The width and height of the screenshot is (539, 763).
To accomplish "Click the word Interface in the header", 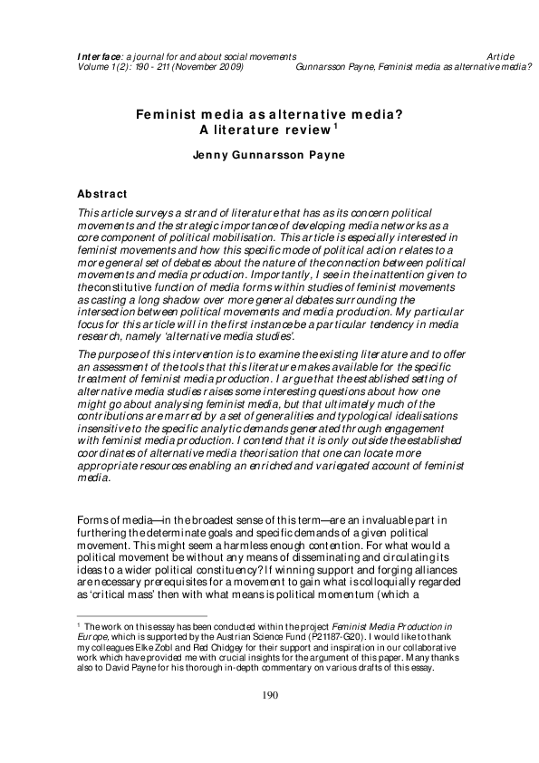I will point(95,56).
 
